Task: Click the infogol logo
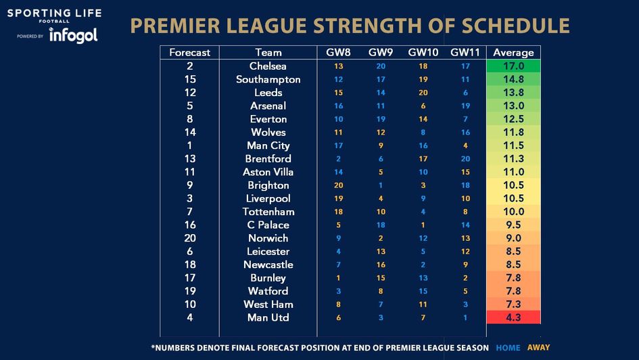point(73,35)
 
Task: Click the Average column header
point(513,52)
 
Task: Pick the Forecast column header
point(189,52)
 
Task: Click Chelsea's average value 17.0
point(513,66)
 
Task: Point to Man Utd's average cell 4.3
point(513,317)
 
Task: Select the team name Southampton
point(268,79)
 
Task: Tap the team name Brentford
point(268,158)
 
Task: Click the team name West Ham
point(268,305)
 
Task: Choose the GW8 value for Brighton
point(338,185)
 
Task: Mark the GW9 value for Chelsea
point(381,66)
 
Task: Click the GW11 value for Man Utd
point(465,317)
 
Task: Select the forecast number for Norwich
point(189,238)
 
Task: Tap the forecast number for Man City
point(189,145)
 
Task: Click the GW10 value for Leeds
point(423,93)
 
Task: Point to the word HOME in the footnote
point(508,348)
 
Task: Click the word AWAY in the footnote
point(538,348)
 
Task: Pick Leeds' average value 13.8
point(513,93)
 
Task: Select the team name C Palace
point(268,225)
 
